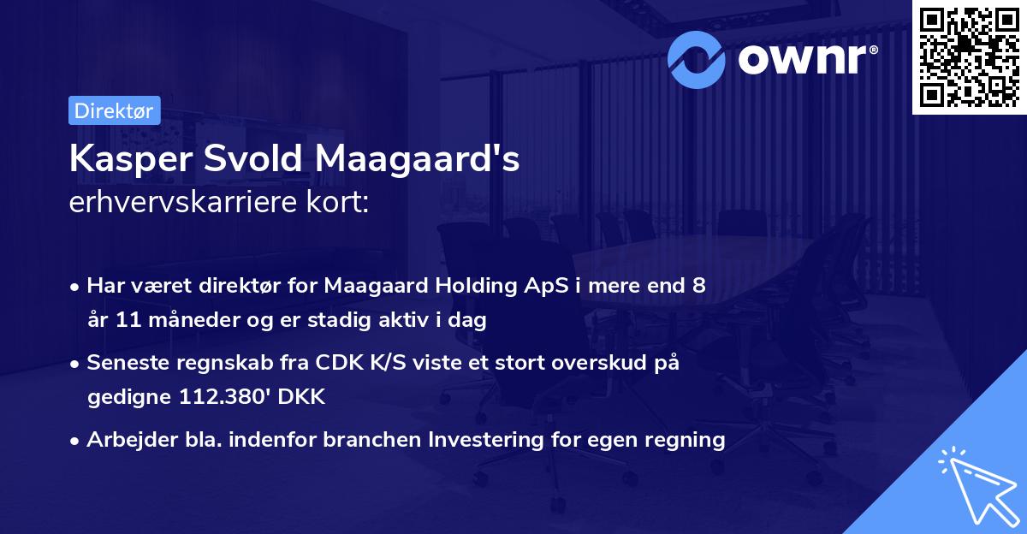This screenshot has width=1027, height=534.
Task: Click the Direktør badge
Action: click(114, 110)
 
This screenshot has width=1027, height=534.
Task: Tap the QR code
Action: click(969, 56)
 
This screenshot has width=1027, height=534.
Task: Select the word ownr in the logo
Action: click(805, 59)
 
